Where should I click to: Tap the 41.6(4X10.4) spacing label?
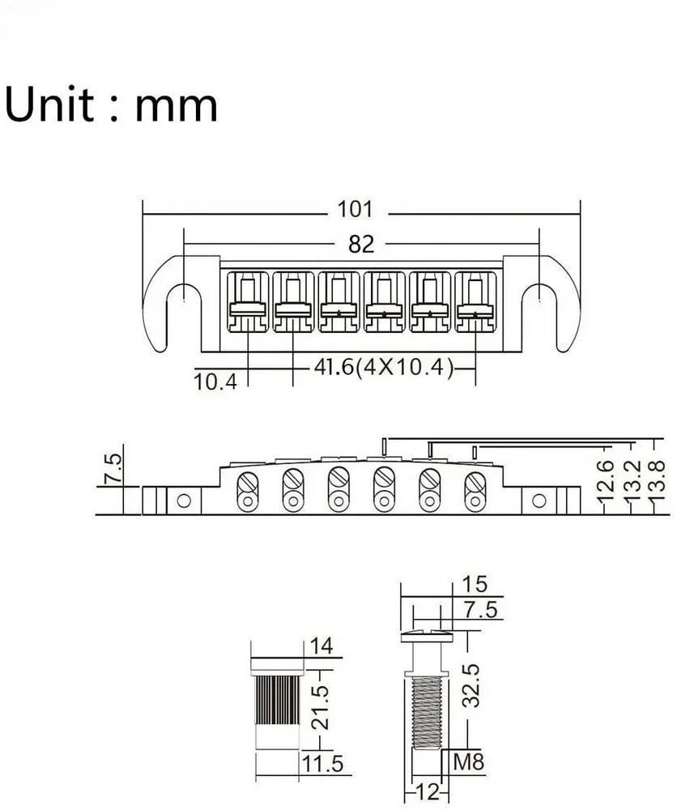point(381,369)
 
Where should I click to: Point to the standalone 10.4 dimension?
point(215,382)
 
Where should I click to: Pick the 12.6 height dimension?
point(603,481)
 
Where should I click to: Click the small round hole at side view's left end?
point(185,501)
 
